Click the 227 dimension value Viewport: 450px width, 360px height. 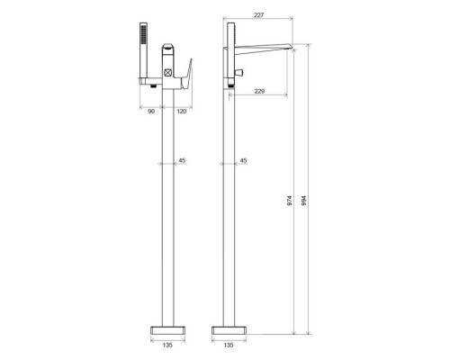click(x=258, y=15)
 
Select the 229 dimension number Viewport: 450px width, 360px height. click(x=259, y=91)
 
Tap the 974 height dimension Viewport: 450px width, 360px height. click(x=290, y=200)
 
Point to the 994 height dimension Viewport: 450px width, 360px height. click(x=304, y=200)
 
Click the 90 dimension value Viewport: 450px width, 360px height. click(x=151, y=112)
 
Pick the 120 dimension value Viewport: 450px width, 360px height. click(x=181, y=112)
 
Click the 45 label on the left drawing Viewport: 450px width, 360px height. click(x=182, y=160)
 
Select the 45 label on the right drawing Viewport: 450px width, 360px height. click(x=244, y=160)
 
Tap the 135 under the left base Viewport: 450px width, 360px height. click(x=167, y=345)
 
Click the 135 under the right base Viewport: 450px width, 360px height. click(x=229, y=345)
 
